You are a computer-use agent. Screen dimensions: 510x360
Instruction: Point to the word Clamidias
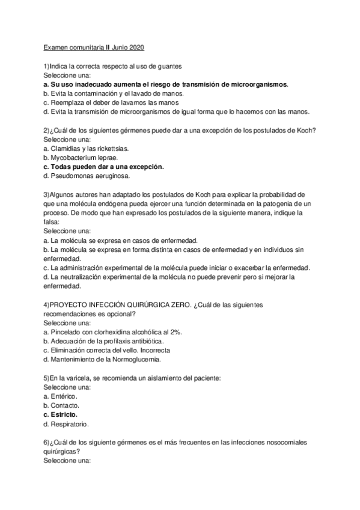coord(67,148)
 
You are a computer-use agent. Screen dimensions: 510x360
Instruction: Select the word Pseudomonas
coord(74,176)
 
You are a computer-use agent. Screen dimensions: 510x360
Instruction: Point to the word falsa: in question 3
coord(53,223)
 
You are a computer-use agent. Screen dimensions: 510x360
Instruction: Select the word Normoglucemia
coord(135,360)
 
